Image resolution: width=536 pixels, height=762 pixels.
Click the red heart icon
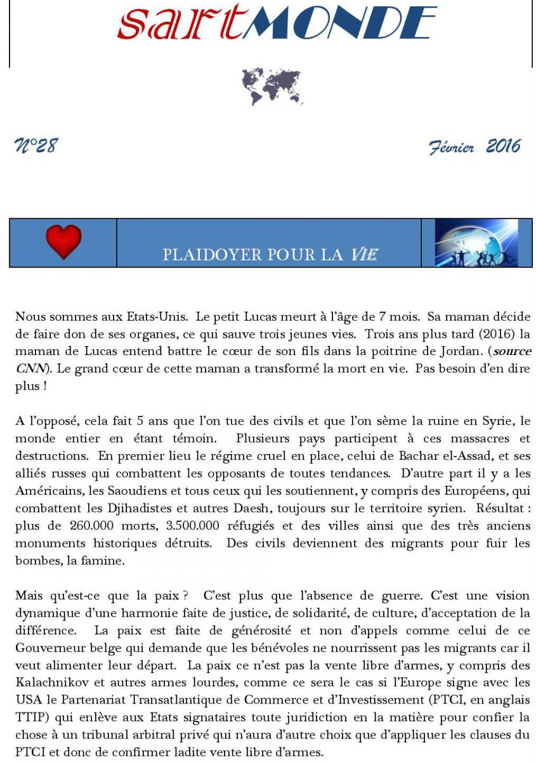pos(63,242)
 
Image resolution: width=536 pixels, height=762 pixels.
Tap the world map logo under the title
pos(272,87)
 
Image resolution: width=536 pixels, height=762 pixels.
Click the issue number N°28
pos(36,147)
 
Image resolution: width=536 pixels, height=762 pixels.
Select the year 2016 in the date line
pos(503,147)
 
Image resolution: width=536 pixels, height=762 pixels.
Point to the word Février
pos(452,148)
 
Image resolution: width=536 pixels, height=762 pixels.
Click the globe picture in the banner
pos(476,243)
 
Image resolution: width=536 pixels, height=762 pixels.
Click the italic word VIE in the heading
pos(365,255)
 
